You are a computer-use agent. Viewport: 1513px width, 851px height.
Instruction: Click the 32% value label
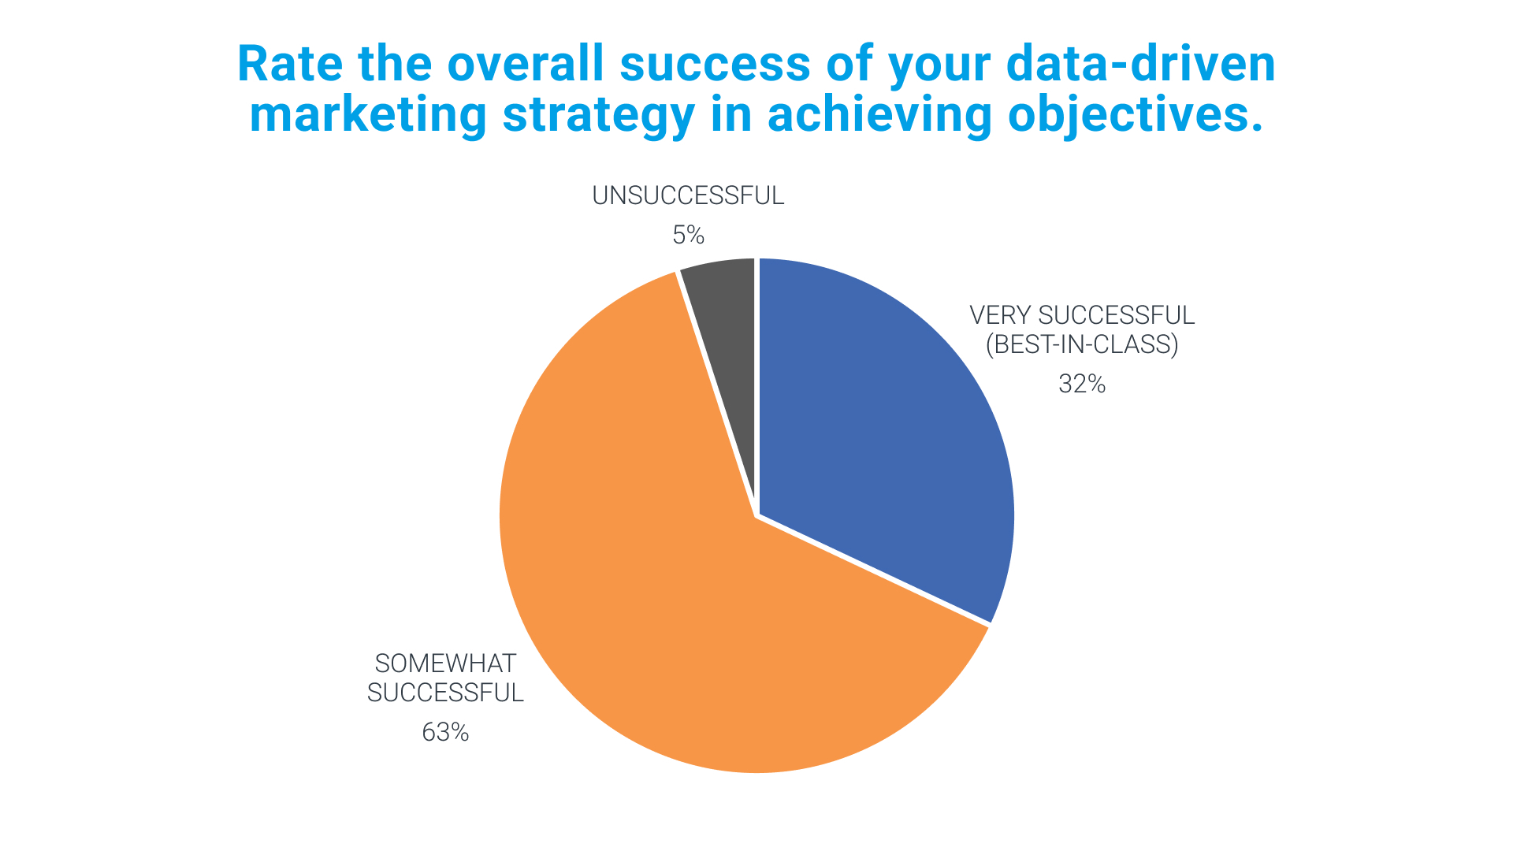[1082, 384]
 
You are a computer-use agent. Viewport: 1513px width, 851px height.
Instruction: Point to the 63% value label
[445, 733]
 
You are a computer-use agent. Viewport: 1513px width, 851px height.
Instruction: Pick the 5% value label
[688, 235]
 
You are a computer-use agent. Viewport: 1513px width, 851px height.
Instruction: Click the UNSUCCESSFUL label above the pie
[688, 195]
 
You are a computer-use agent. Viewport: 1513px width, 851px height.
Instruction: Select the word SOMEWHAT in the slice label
[445, 663]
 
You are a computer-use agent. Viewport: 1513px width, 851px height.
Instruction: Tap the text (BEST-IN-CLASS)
[1082, 344]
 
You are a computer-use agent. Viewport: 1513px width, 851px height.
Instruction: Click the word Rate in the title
[290, 64]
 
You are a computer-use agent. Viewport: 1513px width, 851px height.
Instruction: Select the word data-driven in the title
[1141, 64]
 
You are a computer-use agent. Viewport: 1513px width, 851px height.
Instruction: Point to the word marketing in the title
[369, 115]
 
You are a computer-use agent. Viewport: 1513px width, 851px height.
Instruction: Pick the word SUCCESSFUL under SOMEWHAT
[445, 693]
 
